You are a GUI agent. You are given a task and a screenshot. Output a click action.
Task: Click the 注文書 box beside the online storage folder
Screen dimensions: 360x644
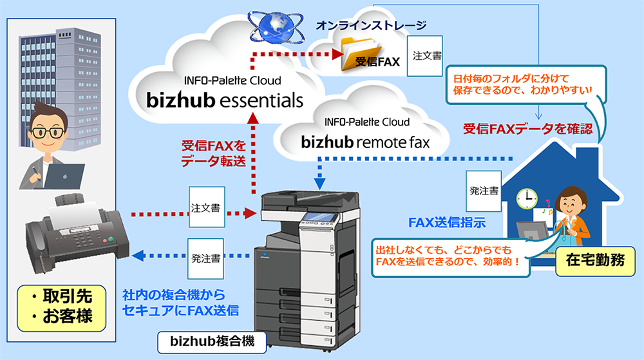(427, 56)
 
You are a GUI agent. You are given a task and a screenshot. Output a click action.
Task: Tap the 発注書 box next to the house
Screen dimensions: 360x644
(482, 191)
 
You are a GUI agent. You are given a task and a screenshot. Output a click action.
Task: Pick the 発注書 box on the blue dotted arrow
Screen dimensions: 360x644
(206, 258)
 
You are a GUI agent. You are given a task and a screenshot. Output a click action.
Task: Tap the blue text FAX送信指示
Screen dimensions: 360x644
(447, 223)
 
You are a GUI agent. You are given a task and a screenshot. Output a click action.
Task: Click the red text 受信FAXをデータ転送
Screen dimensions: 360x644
(213, 153)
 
